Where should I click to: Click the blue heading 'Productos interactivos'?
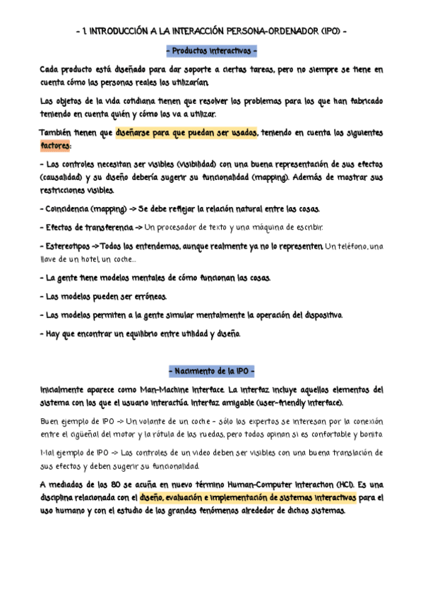[x=212, y=52]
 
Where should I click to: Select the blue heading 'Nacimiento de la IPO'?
[x=212, y=372]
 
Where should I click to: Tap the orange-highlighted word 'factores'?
[x=56, y=146]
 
